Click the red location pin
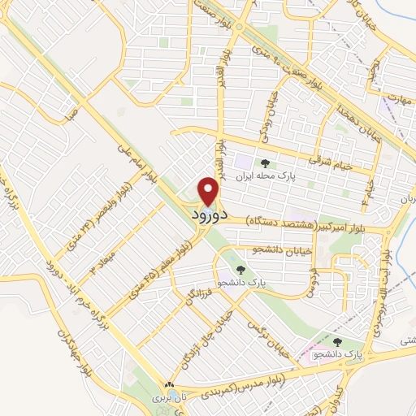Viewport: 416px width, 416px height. click(210, 192)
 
